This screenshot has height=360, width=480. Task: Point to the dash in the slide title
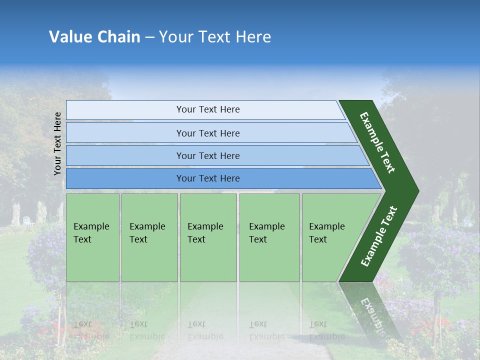click(x=150, y=37)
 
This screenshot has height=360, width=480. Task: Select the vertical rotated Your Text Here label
click(x=57, y=143)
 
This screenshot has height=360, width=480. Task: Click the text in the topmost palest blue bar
click(x=208, y=109)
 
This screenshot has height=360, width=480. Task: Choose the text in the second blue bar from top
click(x=208, y=133)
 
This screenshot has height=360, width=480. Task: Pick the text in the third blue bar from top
click(x=208, y=155)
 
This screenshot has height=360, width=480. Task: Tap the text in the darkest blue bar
click(x=208, y=178)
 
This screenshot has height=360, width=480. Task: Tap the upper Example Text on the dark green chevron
click(x=377, y=142)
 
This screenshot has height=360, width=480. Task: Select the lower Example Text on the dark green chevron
click(x=379, y=236)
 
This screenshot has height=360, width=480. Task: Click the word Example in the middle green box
click(x=205, y=226)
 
